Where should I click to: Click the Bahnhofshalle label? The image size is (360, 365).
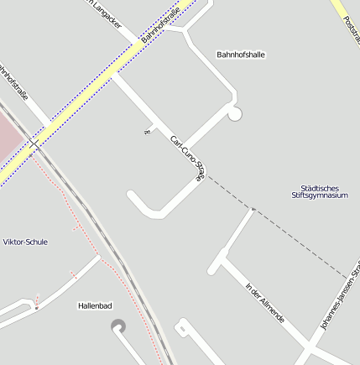241,55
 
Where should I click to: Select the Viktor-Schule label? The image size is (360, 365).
25,242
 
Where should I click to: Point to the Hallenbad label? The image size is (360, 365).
95,306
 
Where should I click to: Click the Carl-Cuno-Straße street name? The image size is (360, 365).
187,159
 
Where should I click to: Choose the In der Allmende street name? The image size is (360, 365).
265,304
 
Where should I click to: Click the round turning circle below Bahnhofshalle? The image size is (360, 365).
234,113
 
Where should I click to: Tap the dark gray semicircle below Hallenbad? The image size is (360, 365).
118,326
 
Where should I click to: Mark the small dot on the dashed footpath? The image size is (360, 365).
253,208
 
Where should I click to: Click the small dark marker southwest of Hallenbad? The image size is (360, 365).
37,308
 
